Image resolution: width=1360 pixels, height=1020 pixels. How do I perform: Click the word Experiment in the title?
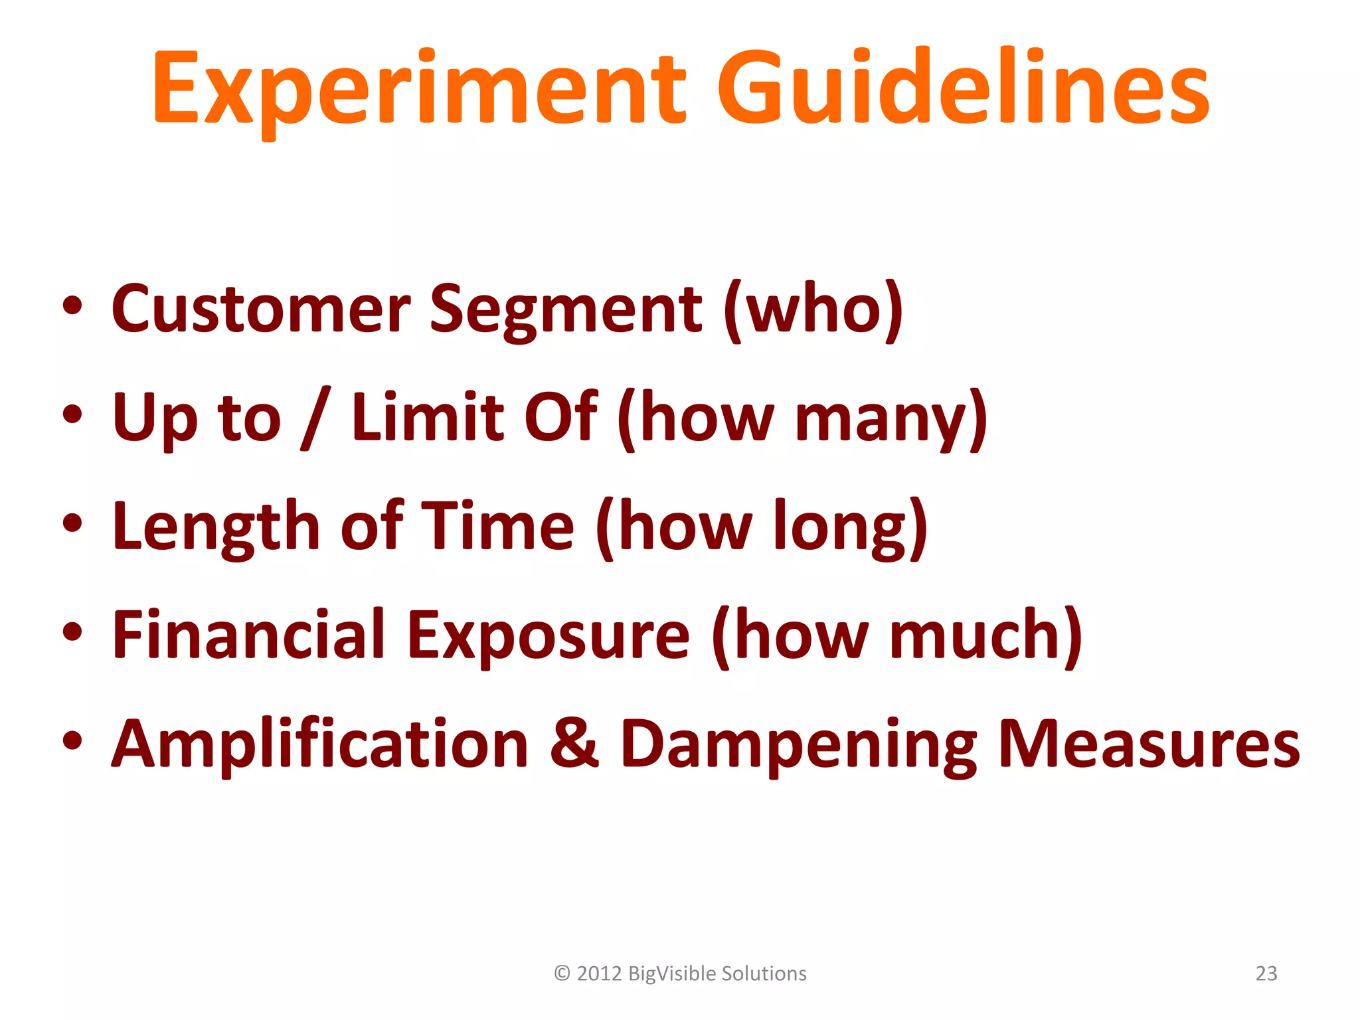(418, 90)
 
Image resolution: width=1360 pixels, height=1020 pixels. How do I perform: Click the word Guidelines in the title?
(963, 90)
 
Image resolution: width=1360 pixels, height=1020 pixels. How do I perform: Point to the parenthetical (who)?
(813, 309)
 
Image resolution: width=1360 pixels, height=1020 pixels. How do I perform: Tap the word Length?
(216, 528)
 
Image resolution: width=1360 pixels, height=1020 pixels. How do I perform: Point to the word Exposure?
(548, 636)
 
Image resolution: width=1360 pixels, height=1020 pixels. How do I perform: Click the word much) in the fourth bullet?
(986, 636)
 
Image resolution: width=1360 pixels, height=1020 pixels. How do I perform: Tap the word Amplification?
(319, 745)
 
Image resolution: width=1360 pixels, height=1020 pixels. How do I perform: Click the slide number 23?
(1266, 974)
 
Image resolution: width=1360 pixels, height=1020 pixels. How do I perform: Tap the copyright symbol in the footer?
(562, 974)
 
